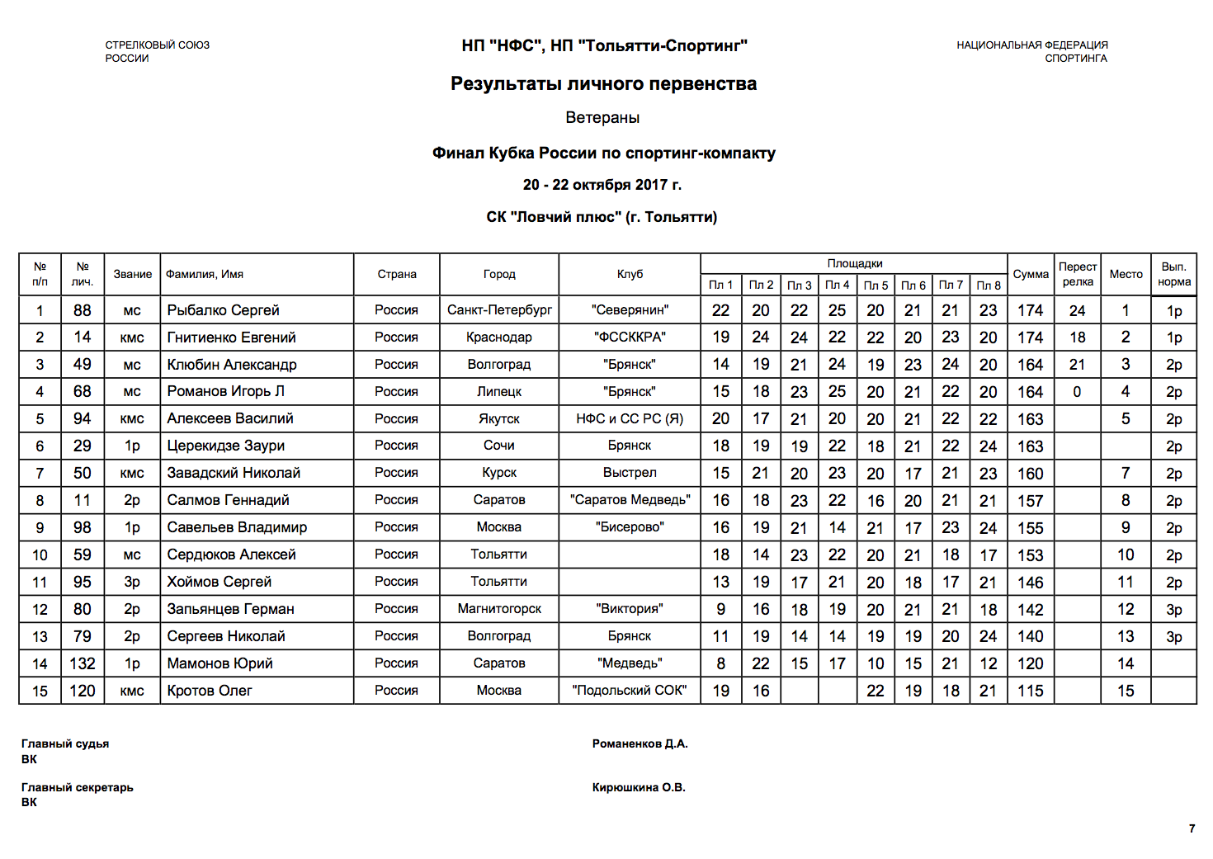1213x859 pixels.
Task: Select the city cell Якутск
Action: (x=498, y=419)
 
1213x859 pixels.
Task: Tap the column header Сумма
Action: (x=1030, y=275)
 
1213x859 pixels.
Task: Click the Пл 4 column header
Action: (x=837, y=286)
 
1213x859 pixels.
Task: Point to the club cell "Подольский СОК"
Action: (x=629, y=691)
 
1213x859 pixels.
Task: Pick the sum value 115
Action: (x=1030, y=691)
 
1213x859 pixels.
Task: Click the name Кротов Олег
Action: (x=210, y=691)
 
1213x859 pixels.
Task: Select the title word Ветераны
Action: (x=602, y=118)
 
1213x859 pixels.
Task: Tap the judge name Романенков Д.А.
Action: (x=640, y=744)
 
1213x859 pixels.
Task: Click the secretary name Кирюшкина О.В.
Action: (x=639, y=788)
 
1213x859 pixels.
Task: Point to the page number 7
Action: (x=1192, y=828)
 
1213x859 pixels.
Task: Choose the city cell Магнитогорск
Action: (x=498, y=609)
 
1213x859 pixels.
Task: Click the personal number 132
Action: (x=83, y=663)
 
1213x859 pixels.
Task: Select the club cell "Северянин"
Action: (x=629, y=310)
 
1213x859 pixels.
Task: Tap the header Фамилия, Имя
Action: (x=205, y=275)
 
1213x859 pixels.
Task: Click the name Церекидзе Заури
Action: (x=225, y=446)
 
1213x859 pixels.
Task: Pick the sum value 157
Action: (x=1030, y=501)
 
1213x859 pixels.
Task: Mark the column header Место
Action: (x=1126, y=275)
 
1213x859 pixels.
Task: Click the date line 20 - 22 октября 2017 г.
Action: (x=602, y=185)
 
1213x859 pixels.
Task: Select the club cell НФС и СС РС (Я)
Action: (x=629, y=419)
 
